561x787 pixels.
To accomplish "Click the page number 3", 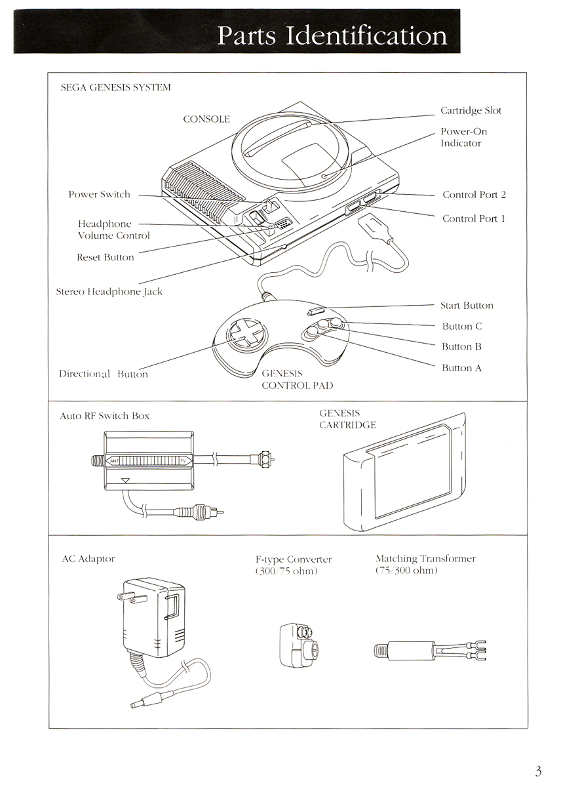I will click(x=538, y=771).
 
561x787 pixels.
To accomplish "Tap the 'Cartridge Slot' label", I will click(x=471, y=111).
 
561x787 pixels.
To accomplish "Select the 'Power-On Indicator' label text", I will click(x=463, y=137).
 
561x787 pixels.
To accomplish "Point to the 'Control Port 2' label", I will click(x=474, y=195).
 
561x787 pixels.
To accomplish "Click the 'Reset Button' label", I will click(x=105, y=258).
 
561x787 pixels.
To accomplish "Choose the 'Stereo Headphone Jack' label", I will click(x=109, y=292).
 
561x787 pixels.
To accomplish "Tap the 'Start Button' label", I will click(x=467, y=306).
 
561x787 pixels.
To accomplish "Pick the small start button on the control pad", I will click(x=317, y=310).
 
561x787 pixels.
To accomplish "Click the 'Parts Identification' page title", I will click(x=332, y=35).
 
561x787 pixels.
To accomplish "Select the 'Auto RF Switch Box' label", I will click(x=105, y=416).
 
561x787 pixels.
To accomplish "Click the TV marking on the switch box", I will click(x=183, y=461).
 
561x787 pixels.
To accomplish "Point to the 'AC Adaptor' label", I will click(x=87, y=559).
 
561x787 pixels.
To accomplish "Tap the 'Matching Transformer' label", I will click(x=425, y=559).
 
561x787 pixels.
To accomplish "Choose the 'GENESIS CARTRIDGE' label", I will click(x=347, y=419).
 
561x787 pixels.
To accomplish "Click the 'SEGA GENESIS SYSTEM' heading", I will click(x=115, y=87).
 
